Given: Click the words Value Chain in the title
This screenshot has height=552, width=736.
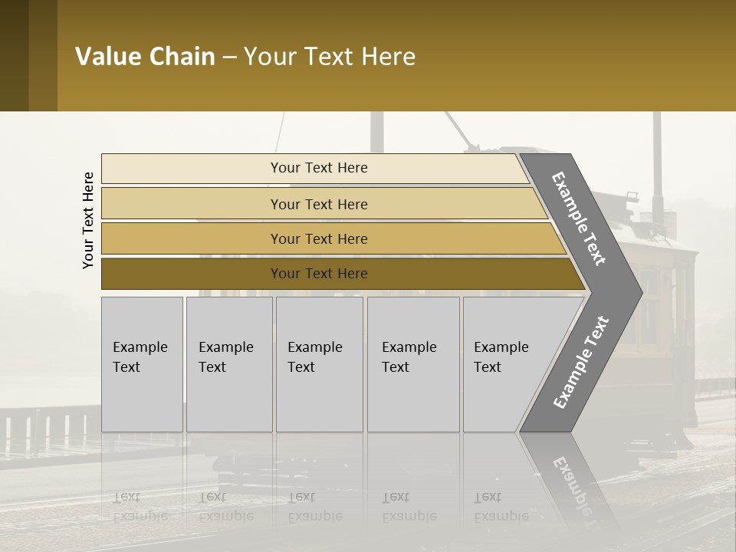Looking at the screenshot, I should click(145, 57).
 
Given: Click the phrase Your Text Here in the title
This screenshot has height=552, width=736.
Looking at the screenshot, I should click(330, 57).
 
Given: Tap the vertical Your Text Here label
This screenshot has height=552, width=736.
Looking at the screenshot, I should click(88, 220).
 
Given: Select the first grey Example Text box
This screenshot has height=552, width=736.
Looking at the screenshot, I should click(142, 364).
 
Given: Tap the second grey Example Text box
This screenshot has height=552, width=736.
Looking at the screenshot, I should click(229, 364).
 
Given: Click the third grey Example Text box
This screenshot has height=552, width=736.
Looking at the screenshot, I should click(319, 364).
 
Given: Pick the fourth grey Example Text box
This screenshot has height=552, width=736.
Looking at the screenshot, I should click(413, 364).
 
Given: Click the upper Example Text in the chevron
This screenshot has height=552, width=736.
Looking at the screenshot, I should click(580, 219).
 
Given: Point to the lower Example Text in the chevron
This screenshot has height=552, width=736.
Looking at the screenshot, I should click(580, 363).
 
